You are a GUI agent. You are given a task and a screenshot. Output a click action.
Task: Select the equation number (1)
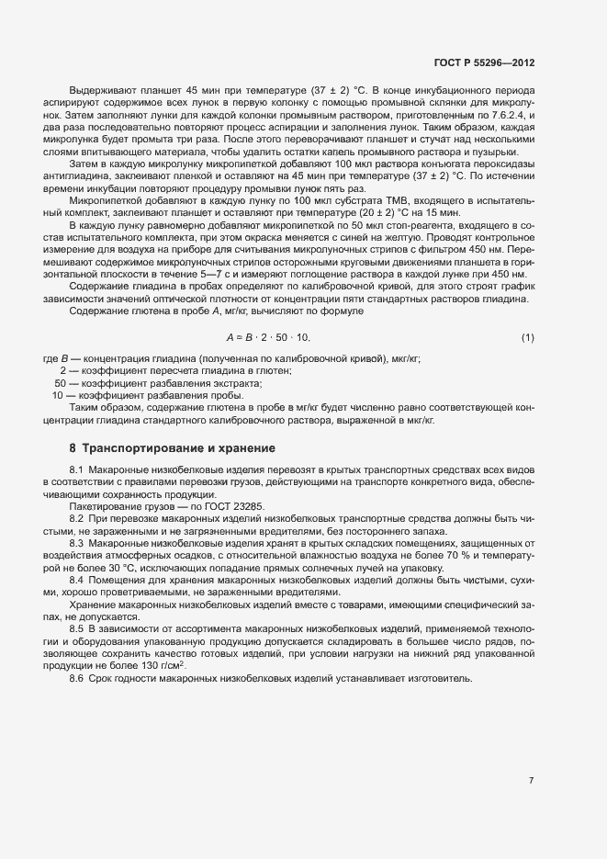(x=528, y=338)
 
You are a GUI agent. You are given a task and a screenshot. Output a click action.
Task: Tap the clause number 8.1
(x=76, y=470)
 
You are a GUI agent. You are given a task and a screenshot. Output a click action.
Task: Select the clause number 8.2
(x=76, y=519)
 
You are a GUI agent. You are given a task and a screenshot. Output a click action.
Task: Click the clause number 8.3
(x=76, y=543)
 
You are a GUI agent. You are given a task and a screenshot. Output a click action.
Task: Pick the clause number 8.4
(x=76, y=580)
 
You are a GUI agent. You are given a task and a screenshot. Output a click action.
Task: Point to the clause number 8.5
(x=76, y=627)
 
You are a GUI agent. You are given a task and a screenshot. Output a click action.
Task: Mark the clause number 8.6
(x=76, y=677)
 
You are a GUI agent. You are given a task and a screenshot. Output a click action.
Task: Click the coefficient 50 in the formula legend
(x=61, y=382)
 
